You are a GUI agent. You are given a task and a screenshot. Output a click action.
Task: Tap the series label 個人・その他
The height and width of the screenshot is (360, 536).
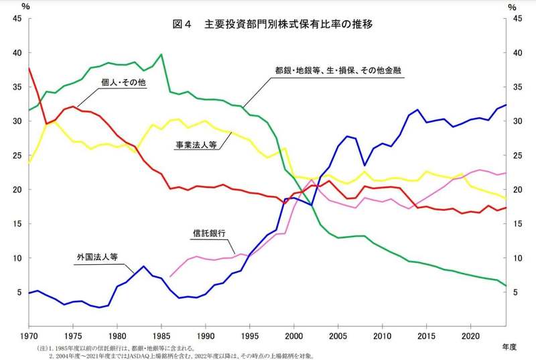124,82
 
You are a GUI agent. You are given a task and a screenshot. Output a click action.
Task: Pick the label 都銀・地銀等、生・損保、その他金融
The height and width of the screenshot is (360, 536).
342,70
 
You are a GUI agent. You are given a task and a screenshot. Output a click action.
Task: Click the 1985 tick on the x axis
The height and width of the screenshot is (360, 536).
161,335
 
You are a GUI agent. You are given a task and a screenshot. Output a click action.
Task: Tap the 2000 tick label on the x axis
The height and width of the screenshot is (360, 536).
293,335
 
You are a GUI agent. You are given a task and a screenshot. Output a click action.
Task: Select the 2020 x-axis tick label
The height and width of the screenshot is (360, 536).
470,335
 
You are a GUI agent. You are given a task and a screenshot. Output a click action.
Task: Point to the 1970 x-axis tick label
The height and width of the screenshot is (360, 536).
29,335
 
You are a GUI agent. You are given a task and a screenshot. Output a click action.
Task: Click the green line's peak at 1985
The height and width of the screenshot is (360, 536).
161,54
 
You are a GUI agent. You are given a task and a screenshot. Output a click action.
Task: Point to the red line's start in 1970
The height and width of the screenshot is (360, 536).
29,68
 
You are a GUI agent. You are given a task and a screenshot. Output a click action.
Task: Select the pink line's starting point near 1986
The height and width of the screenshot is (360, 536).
170,276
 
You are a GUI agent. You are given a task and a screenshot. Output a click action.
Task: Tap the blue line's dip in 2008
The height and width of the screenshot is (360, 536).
364,165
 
